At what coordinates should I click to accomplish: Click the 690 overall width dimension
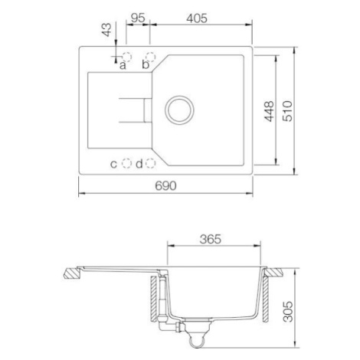pos(165,185)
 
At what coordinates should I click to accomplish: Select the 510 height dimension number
pos(288,111)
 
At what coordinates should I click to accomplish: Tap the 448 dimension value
pos(269,111)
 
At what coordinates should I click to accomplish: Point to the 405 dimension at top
pos(197,18)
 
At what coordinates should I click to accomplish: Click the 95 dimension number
pos(138,18)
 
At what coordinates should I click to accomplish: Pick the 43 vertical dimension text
pos(106,30)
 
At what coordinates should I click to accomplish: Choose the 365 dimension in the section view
pos(211,239)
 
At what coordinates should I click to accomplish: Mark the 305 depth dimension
pos(288,312)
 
